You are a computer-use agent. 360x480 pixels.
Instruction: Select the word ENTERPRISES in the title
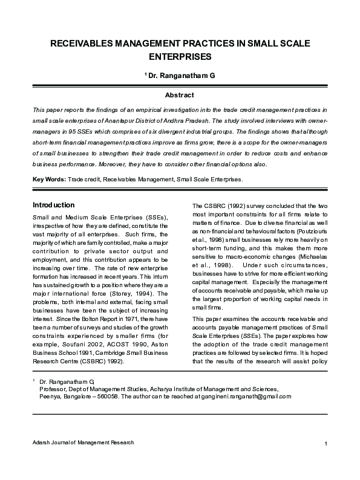click(180, 57)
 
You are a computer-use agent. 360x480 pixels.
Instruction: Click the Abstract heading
click(180, 95)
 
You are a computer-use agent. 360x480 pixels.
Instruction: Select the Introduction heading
click(53, 205)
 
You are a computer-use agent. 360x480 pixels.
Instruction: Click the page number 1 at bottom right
click(326, 446)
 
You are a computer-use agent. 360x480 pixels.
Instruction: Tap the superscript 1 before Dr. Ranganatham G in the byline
click(145, 75)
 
